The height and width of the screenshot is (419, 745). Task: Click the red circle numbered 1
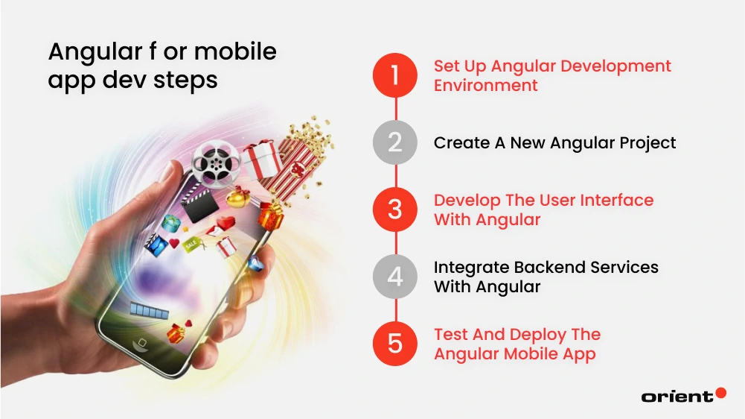(395, 75)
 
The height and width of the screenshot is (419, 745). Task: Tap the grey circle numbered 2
(395, 142)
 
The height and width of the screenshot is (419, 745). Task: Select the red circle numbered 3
(395, 209)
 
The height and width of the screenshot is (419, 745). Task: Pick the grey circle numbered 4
(395, 277)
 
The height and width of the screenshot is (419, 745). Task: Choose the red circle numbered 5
(395, 344)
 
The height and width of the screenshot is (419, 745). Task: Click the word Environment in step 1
(485, 85)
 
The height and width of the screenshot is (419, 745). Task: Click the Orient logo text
(677, 397)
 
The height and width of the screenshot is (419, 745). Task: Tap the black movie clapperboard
(200, 202)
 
